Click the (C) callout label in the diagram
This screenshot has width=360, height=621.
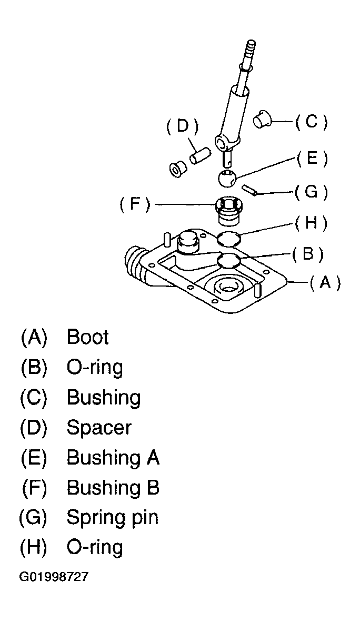[312, 122]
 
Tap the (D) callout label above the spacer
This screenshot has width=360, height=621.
[182, 126]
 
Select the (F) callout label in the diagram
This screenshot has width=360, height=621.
[135, 204]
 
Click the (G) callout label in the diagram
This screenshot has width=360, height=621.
[312, 192]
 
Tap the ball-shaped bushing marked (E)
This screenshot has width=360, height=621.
[227, 178]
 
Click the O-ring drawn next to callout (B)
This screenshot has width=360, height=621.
[229, 261]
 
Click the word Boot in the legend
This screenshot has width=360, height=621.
[87, 337]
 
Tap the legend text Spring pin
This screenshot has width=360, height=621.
[112, 518]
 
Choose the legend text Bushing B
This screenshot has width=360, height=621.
[113, 488]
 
